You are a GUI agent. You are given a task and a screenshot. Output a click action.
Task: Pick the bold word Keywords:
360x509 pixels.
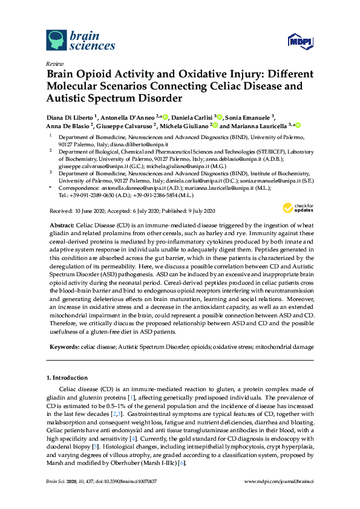(x=64, y=347)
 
